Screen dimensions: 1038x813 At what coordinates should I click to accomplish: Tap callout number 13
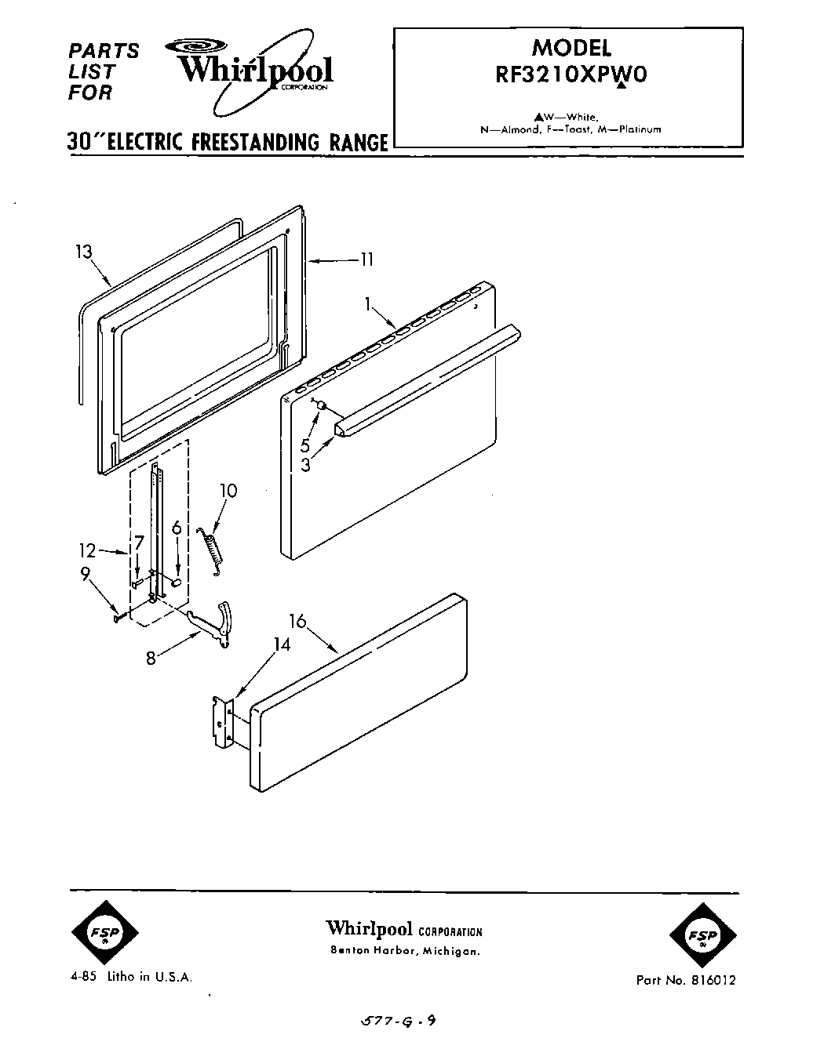click(x=84, y=252)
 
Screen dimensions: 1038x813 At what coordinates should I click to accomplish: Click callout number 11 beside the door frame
click(x=366, y=259)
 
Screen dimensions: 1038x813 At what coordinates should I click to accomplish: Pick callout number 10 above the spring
click(x=228, y=491)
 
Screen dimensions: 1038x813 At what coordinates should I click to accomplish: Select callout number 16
click(x=297, y=624)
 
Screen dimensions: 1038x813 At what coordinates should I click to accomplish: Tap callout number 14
click(x=282, y=644)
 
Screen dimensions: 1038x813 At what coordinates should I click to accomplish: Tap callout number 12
click(x=88, y=550)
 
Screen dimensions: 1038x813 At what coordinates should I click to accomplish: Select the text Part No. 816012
click(x=685, y=980)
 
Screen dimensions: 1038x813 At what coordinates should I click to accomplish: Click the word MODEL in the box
click(x=571, y=47)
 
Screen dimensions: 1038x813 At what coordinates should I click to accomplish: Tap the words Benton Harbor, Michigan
click(x=404, y=951)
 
